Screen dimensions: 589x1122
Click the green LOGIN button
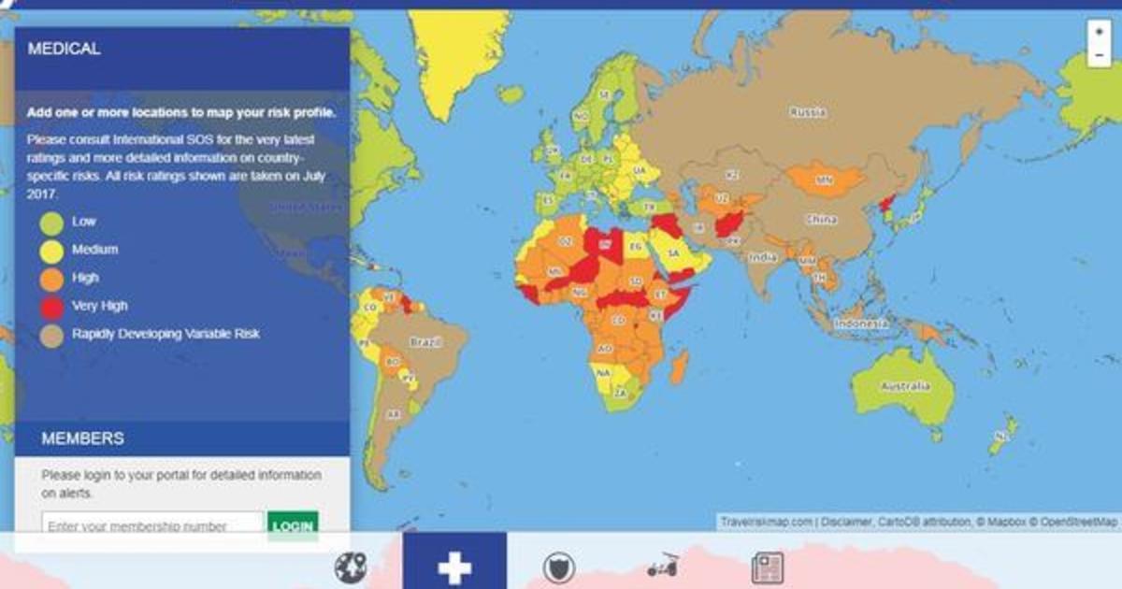293,525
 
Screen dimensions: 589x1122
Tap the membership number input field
152,525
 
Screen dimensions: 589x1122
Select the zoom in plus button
1099,31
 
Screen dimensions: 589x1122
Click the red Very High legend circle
51,308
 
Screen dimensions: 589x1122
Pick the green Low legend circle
51,223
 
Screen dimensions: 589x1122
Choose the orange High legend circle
51,280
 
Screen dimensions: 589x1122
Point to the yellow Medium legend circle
51,251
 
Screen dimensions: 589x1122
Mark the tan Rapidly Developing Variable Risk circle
51,336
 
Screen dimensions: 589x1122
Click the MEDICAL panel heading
65,49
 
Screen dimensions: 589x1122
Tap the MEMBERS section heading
82,438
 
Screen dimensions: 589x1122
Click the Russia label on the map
807,112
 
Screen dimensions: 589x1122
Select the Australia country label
904,386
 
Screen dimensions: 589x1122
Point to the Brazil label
424,342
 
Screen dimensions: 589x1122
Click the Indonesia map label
860,323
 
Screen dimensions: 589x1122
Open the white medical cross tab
454,567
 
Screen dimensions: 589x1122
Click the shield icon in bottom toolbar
559,567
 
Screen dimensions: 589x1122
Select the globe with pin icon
350,567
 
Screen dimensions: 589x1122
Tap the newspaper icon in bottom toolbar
768,567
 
